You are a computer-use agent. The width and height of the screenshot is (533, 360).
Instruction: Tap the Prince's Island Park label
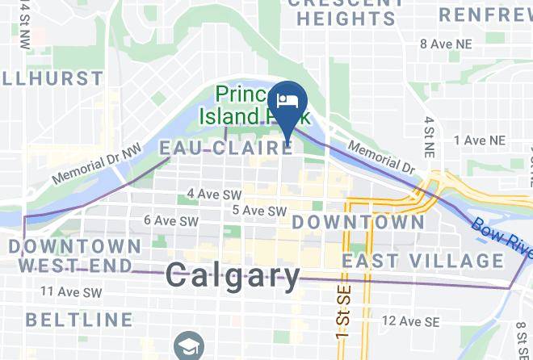[x=251, y=105]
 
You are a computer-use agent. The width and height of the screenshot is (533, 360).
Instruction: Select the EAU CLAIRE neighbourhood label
[x=225, y=148]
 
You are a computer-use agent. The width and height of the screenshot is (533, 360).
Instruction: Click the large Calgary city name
[x=233, y=277]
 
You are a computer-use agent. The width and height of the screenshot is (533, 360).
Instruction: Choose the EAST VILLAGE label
[x=423, y=261]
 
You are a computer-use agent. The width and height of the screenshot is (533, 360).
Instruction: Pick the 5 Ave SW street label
[x=259, y=211]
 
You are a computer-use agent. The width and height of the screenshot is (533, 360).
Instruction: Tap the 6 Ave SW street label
[x=170, y=220]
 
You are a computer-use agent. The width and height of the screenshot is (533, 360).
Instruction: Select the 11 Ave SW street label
[x=72, y=292]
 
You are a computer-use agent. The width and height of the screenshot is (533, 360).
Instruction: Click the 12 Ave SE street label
[x=410, y=321]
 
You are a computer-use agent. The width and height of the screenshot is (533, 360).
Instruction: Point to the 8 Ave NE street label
[x=447, y=44]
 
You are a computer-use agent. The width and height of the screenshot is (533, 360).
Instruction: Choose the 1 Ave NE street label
[x=480, y=140]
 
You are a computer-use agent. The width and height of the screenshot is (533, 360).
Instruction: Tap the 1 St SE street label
[x=329, y=322]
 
